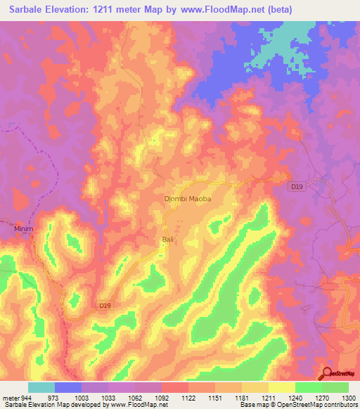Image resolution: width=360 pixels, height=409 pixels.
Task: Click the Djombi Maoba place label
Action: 188,199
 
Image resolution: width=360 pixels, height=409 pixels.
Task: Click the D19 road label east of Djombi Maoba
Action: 297,187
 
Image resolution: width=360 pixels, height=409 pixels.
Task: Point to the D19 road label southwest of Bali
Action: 104,305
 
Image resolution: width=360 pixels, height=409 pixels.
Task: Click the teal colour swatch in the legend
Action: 41,387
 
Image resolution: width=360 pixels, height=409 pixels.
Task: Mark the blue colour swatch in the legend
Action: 68,387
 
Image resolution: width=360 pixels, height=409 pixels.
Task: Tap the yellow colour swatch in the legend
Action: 281,387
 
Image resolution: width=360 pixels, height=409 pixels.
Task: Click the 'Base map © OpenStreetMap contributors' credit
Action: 299,405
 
